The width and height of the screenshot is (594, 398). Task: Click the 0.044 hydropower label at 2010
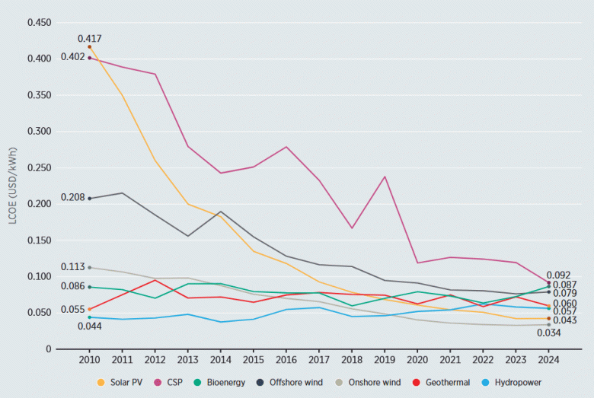pos(89,326)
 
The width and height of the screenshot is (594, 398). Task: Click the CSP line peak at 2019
pos(385,177)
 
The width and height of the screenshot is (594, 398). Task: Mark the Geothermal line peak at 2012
pos(155,280)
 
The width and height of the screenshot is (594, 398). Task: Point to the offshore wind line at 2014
pos(221,212)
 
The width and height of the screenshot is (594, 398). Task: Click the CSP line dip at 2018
pos(353,228)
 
